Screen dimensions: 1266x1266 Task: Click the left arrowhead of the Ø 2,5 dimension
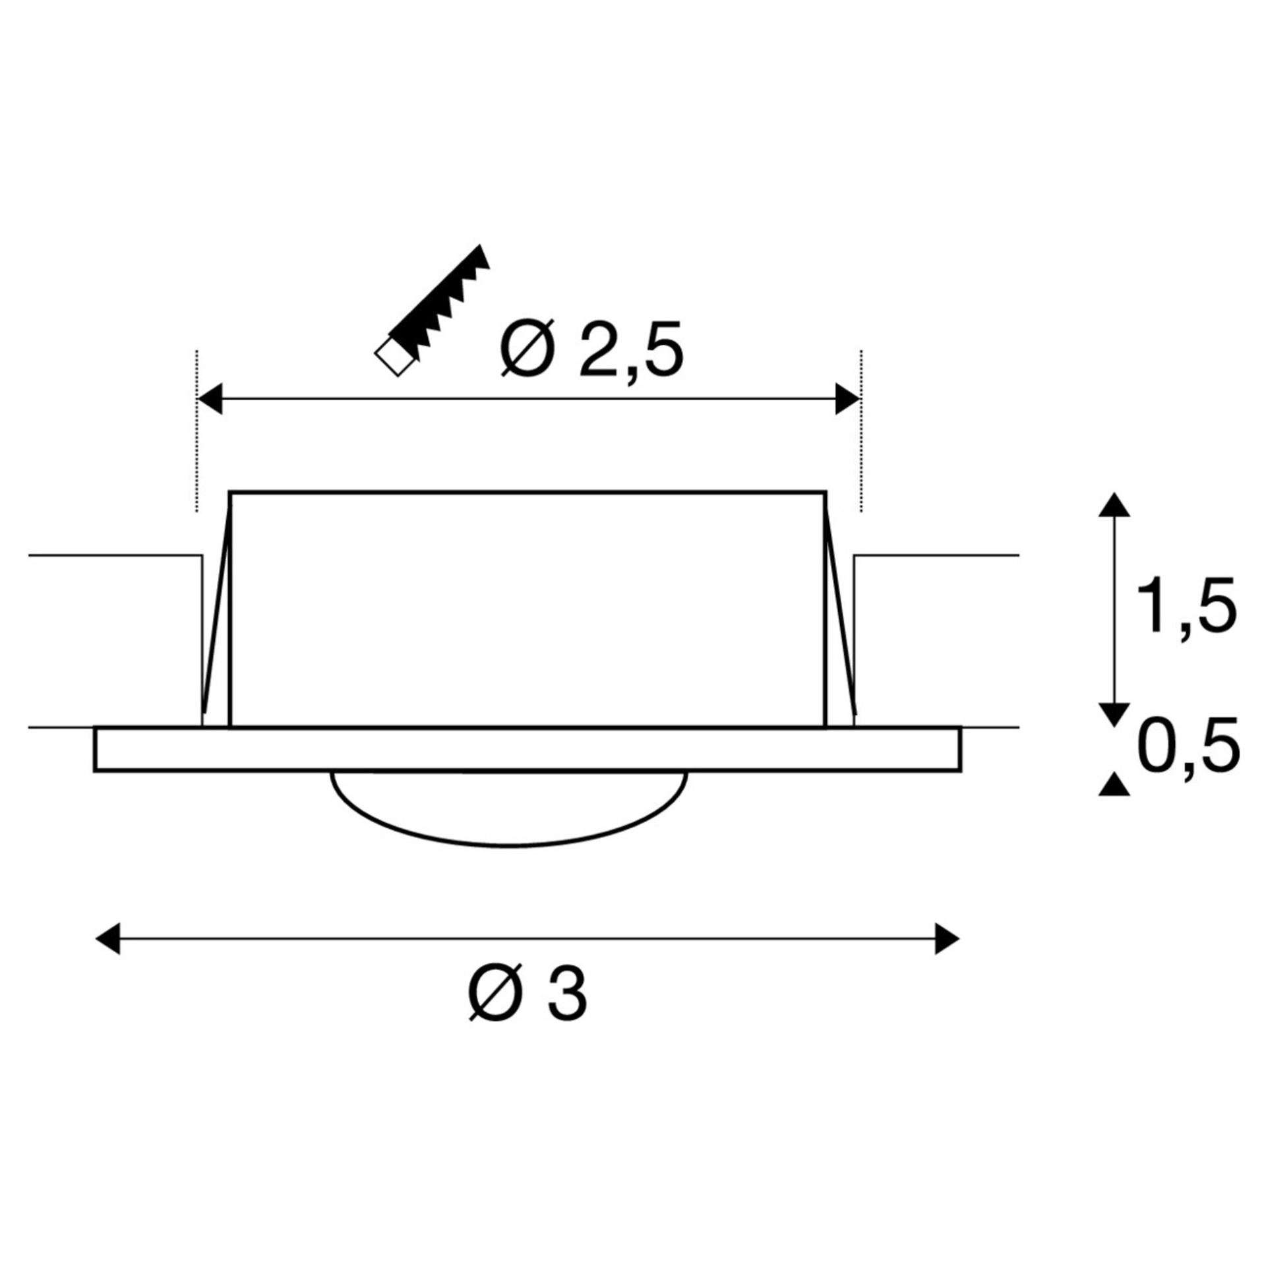pos(210,399)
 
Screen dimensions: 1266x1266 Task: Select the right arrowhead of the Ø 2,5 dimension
pos(847,399)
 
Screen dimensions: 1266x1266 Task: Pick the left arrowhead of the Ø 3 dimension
pos(108,938)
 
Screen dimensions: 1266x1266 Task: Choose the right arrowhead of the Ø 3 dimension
pos(947,938)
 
